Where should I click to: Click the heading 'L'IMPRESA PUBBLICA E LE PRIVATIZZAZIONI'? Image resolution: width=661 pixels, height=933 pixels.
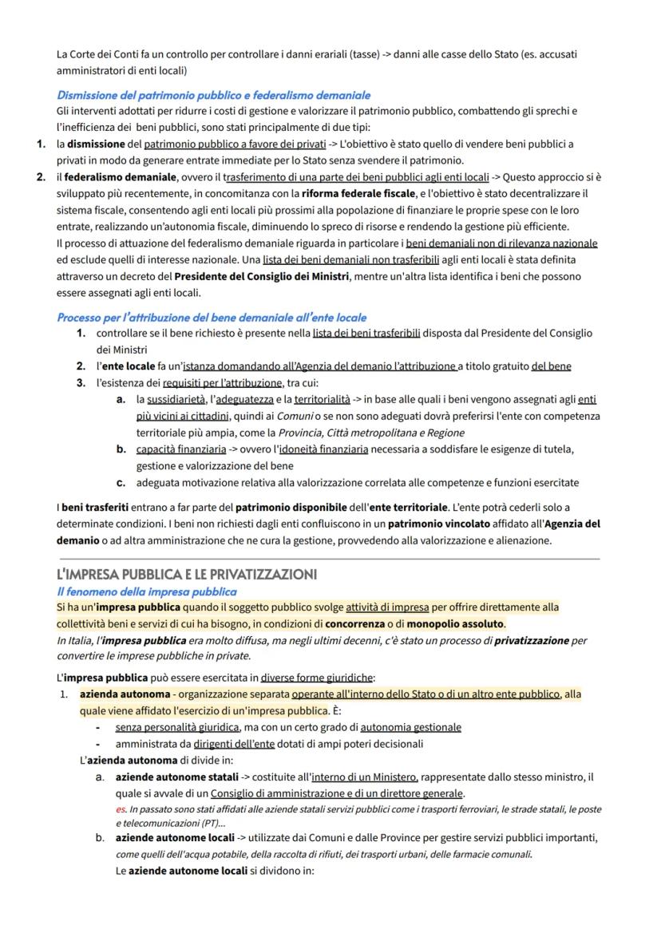click(187, 575)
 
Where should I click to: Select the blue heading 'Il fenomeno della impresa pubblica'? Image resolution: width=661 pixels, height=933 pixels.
click(146, 591)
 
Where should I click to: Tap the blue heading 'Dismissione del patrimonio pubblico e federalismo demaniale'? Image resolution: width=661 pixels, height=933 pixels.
click(213, 95)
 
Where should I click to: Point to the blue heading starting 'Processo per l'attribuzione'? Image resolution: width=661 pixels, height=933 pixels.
click(212, 317)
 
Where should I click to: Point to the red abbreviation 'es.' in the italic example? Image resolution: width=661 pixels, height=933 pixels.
click(121, 809)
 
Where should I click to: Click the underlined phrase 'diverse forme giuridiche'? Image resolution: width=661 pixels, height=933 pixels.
click(317, 678)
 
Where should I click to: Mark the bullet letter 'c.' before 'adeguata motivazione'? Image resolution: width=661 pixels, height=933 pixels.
click(121, 482)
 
